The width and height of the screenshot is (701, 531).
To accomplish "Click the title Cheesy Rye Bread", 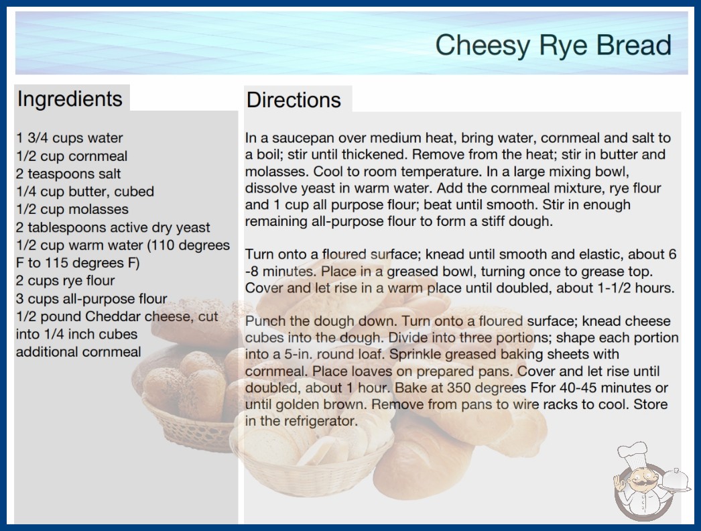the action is [554, 45].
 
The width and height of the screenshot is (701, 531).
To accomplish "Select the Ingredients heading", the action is [70, 99].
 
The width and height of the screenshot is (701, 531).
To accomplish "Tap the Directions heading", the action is [294, 100].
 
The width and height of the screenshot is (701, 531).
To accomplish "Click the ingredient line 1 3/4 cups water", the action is [69, 138].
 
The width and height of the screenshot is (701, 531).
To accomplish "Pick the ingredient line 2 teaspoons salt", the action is [68, 174].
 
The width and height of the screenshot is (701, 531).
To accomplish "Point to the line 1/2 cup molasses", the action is [72, 209].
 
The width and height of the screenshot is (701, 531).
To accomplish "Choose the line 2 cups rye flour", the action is [65, 280].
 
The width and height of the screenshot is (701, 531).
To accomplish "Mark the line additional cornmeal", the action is [78, 351].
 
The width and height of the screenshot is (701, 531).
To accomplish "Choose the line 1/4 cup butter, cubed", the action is [85, 192].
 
